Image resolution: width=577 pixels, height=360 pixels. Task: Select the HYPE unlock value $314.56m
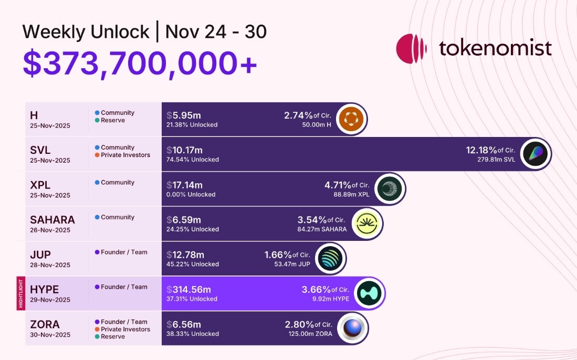click(x=189, y=290)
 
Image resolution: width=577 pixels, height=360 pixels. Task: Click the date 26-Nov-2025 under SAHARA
click(x=50, y=230)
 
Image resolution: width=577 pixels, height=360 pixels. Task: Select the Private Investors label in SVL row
click(x=125, y=155)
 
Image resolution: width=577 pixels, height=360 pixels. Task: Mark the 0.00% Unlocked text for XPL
click(x=191, y=195)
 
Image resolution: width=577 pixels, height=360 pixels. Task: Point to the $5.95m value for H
click(x=184, y=115)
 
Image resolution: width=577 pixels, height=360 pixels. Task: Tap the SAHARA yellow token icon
click(x=366, y=224)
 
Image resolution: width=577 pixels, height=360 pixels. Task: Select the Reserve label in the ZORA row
click(x=112, y=337)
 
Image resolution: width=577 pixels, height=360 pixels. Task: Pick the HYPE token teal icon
click(x=369, y=293)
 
